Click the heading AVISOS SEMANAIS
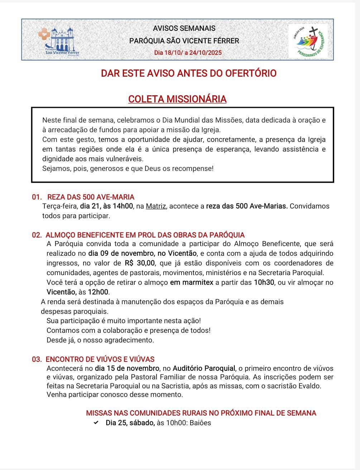(x=184, y=28)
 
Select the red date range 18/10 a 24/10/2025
(x=188, y=53)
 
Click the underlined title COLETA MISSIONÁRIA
(x=177, y=99)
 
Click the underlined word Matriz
(x=156, y=206)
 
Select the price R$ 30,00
(x=140, y=263)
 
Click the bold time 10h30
(x=264, y=282)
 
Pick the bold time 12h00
(x=99, y=292)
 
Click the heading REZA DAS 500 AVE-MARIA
(x=91, y=197)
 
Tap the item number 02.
(x=37, y=235)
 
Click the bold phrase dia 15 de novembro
(x=127, y=369)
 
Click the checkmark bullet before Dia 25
(x=96, y=423)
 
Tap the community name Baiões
(x=200, y=423)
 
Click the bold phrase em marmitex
(x=192, y=282)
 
